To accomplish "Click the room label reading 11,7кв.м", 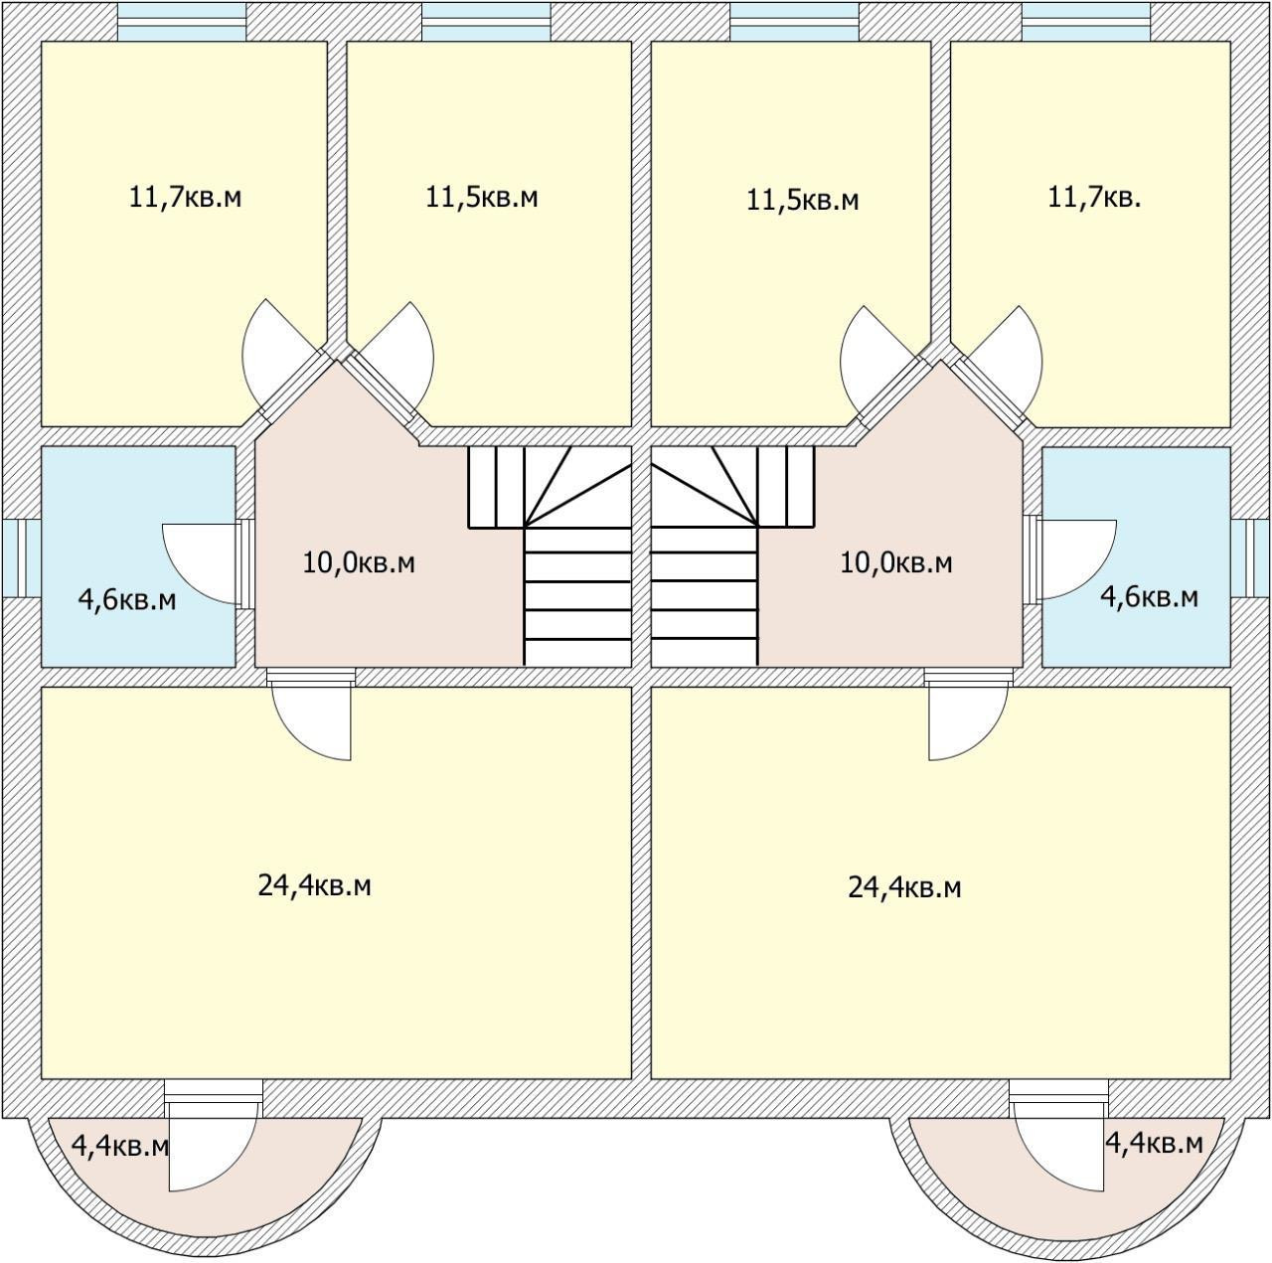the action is [186, 197].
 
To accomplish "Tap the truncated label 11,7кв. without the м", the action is [1094, 197].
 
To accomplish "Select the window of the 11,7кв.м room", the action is [182, 21].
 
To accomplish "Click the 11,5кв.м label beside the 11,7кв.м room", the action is [482, 197].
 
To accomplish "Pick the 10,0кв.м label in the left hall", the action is [359, 563].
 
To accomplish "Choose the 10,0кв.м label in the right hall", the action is [896, 563].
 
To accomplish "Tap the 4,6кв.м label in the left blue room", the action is [127, 600].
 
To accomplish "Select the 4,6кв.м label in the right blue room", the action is [1149, 597].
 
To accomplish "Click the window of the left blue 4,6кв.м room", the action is [21, 557].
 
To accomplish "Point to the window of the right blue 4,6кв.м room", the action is [1251, 557].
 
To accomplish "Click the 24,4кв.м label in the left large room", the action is [315, 885].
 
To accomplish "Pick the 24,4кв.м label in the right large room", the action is [904, 887].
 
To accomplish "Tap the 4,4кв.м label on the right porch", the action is [1154, 1144].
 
